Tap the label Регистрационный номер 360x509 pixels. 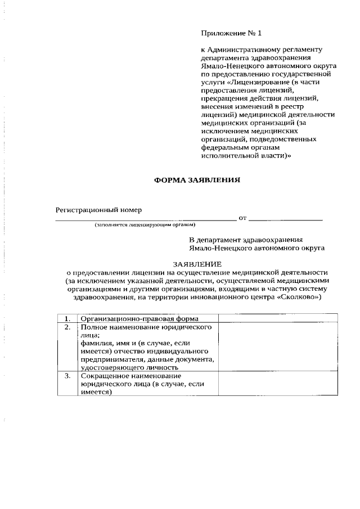[98, 210]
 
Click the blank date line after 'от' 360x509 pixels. [285, 218]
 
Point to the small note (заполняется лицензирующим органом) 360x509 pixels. [145, 225]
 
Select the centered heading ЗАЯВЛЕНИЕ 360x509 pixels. [197, 264]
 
